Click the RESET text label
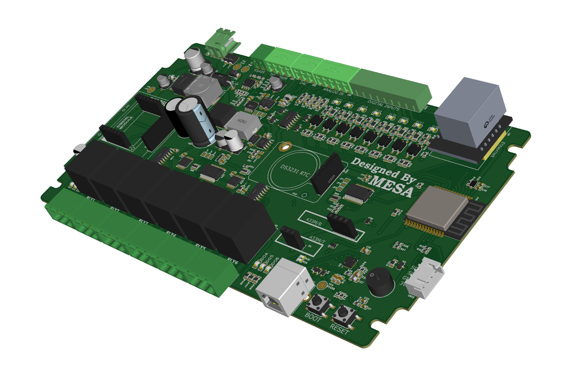tap(340, 330)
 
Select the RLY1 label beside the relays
tap(90, 198)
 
